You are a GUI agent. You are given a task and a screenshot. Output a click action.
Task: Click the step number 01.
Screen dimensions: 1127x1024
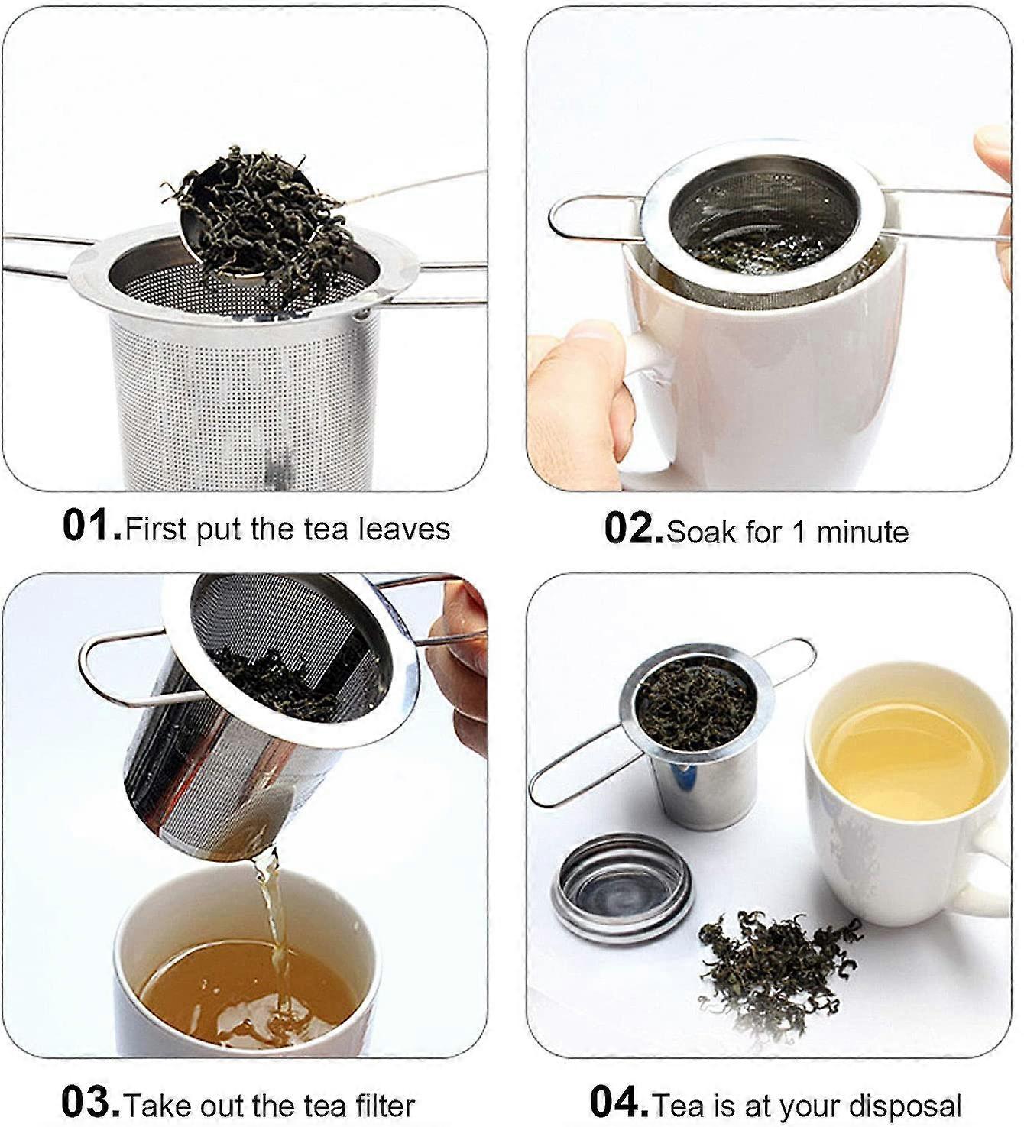tap(90, 526)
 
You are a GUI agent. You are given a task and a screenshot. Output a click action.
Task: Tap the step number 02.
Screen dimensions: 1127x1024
tap(633, 529)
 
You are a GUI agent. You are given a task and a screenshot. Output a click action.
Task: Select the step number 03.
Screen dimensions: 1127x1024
tap(90, 1102)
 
